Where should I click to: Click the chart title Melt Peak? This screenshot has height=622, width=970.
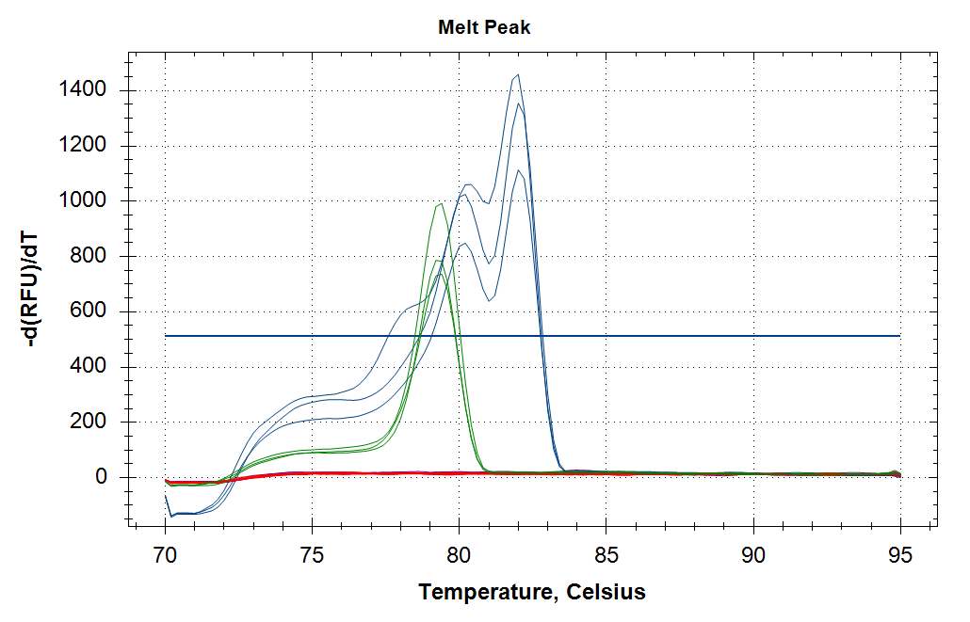484,27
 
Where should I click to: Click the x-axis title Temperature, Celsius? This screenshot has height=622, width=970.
532,593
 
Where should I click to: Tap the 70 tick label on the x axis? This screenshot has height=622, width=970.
166,555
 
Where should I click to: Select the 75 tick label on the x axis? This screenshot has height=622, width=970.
313,555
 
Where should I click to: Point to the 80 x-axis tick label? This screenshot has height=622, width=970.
460,555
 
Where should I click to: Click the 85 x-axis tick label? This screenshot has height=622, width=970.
606,555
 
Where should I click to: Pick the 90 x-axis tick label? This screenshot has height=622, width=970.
753,555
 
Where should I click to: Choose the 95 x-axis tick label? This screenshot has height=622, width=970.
900,555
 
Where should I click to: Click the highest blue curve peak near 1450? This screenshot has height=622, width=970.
518,74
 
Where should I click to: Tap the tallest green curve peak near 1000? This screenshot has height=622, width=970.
442,203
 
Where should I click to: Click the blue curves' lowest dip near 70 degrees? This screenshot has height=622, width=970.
171,517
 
